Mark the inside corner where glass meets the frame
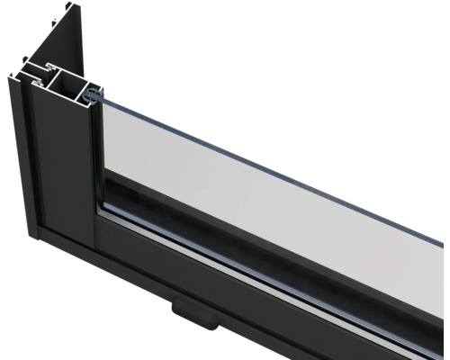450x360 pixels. [x=103, y=216]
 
